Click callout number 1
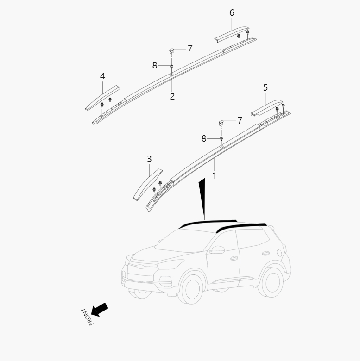tap(214, 176)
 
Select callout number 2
tap(172, 96)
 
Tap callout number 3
tap(149, 159)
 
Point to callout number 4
tap(102, 76)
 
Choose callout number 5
tap(265, 87)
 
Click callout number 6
tap(232, 12)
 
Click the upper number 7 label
tap(190, 48)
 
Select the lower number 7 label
tap(240, 121)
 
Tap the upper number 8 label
tap(155, 66)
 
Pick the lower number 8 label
tap(204, 138)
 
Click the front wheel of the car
tap(190, 288)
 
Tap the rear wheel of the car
tap(271, 281)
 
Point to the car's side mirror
tap(216, 250)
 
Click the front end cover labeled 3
tap(147, 185)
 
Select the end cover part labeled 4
tap(102, 98)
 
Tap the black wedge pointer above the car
tap(202, 199)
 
